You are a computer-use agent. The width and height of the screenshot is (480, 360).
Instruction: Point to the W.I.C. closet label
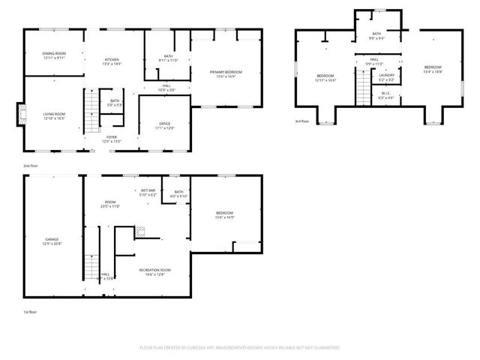tap(386, 95)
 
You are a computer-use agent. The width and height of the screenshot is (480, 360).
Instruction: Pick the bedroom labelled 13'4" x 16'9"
tap(433, 70)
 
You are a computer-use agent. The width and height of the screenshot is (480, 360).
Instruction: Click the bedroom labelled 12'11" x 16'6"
tap(325, 77)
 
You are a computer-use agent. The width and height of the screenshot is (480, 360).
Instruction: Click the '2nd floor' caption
tap(30, 165)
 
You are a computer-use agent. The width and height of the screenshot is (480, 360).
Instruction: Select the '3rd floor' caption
tap(301, 121)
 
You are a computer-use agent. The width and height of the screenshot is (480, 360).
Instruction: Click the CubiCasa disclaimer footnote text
tap(240, 348)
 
